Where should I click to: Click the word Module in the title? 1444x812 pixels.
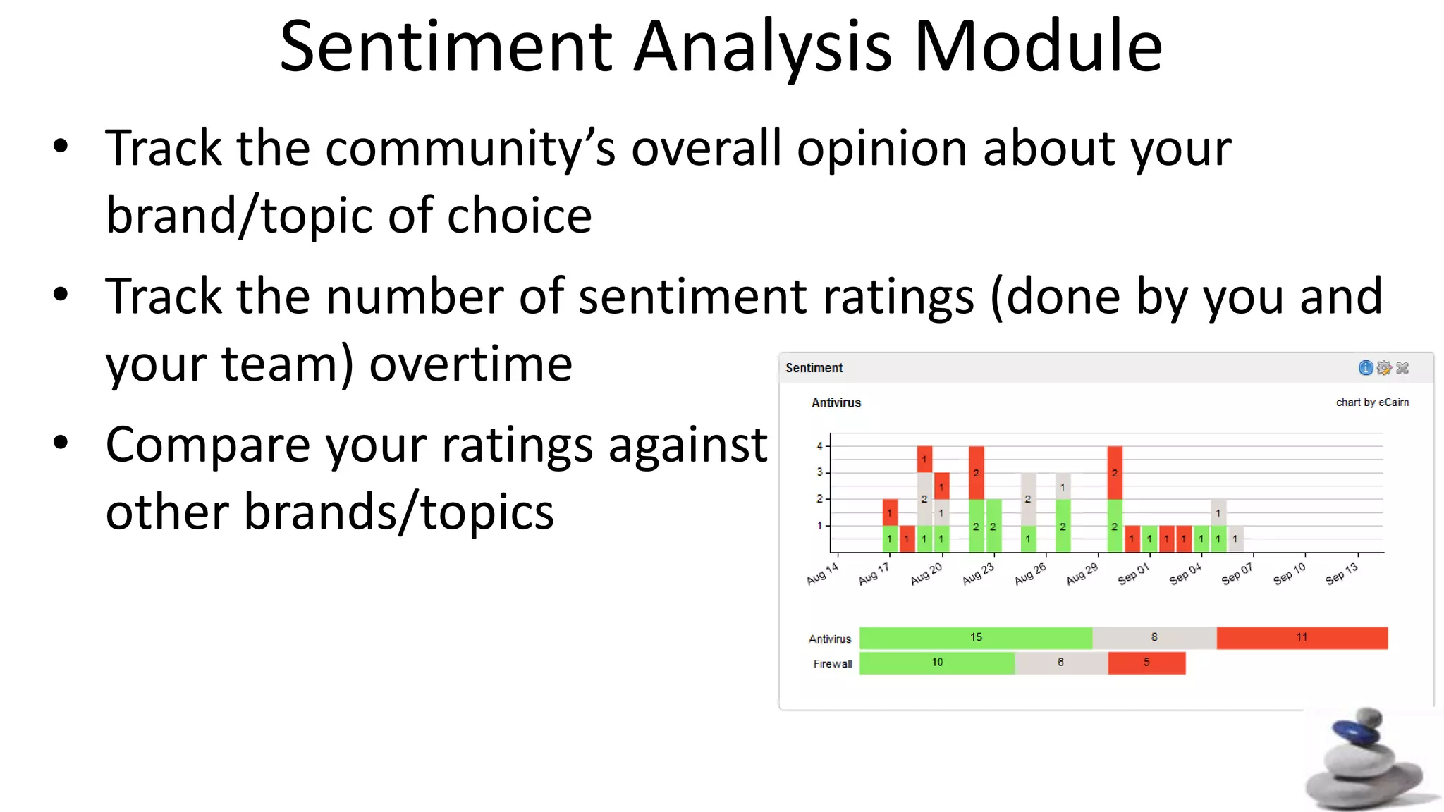click(x=1038, y=47)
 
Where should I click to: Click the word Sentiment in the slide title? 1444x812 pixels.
click(x=446, y=47)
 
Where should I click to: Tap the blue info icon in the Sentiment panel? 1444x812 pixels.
click(x=1365, y=368)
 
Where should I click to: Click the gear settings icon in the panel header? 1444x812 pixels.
click(x=1383, y=368)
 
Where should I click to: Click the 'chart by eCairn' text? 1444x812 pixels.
click(x=1372, y=402)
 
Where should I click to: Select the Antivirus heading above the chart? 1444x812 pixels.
click(x=836, y=402)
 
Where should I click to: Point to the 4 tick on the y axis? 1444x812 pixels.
click(x=820, y=445)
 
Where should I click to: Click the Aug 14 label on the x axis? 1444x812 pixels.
click(x=822, y=574)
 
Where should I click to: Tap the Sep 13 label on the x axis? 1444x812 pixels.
click(x=1341, y=574)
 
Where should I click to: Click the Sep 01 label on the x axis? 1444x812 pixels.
click(x=1133, y=574)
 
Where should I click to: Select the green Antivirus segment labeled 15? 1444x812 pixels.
click(x=976, y=638)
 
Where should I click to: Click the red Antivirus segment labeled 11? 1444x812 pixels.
click(x=1302, y=638)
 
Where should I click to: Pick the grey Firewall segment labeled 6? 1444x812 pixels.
click(x=1060, y=663)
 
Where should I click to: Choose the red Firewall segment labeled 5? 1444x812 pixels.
click(x=1146, y=663)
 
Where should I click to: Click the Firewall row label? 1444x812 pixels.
click(x=832, y=664)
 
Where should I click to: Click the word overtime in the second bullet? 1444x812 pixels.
click(x=470, y=364)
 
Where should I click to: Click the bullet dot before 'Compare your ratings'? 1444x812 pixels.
click(x=61, y=443)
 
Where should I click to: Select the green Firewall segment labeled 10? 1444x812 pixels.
click(x=937, y=663)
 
